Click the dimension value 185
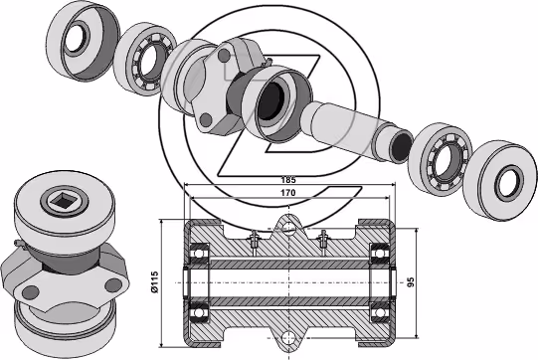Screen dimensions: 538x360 click(x=288, y=179)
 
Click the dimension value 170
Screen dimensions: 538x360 click(x=288, y=193)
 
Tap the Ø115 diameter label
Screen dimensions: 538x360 click(x=155, y=282)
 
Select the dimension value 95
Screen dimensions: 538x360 click(x=411, y=282)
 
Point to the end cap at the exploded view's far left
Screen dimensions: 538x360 click(x=83, y=41)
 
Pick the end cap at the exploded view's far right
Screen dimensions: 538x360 click(x=499, y=181)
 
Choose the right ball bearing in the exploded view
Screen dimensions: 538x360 click(x=441, y=159)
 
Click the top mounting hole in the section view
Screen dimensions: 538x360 click(x=289, y=228)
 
